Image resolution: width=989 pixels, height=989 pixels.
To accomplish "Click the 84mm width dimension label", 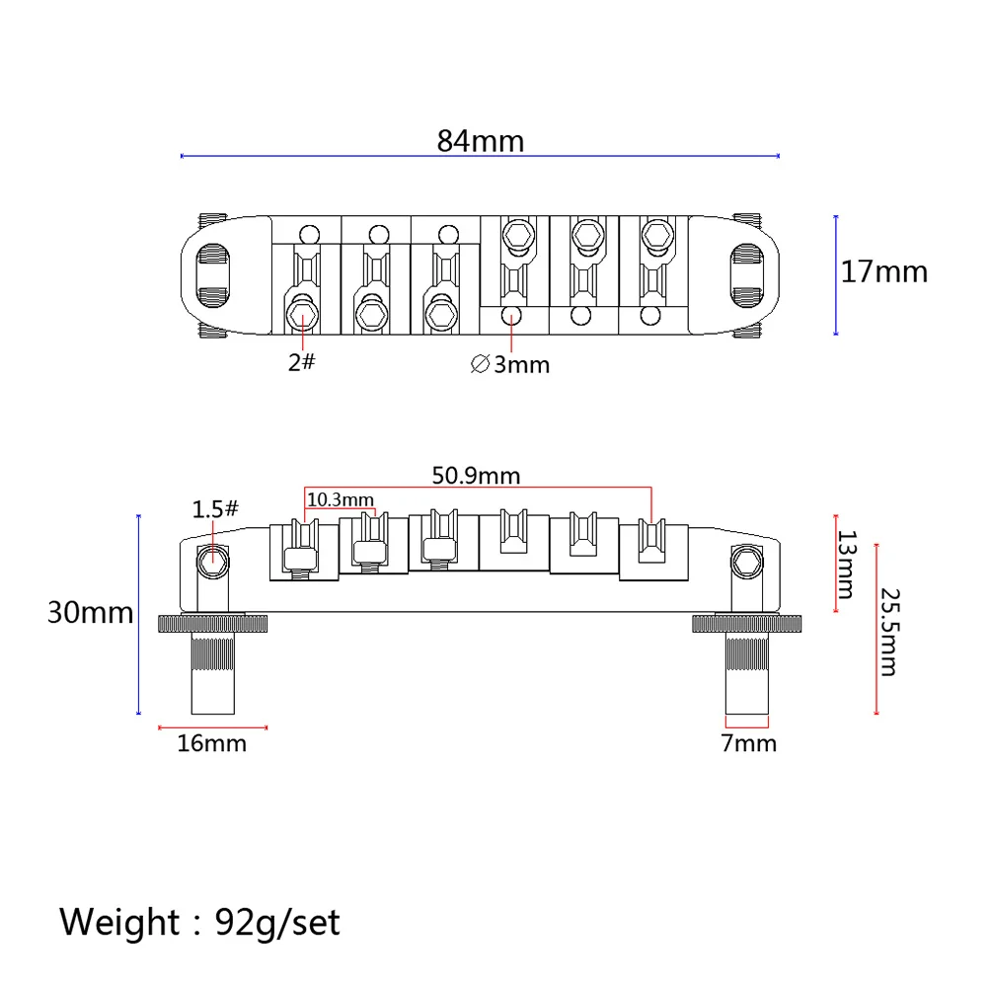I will (481, 141).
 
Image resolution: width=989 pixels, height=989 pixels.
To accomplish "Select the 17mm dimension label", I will (883, 271).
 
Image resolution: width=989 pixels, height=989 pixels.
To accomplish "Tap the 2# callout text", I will (301, 362).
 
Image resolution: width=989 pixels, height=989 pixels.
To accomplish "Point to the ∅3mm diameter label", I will (510, 364).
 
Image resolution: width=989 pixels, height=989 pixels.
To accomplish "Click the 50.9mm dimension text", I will (477, 475).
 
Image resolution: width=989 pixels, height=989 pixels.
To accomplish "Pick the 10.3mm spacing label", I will (340, 499).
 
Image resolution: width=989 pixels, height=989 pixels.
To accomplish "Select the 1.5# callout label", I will (215, 509).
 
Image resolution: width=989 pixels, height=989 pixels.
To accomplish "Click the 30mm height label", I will (90, 613).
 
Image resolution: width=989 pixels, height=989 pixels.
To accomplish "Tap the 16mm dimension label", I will (211, 743).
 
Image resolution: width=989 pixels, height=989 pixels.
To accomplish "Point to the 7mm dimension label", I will (748, 743).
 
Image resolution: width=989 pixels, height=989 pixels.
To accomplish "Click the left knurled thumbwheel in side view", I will (214, 624).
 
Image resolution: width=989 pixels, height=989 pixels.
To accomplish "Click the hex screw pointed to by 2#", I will (301, 316).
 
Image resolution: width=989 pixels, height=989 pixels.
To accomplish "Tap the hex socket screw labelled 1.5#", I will (212, 561).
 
